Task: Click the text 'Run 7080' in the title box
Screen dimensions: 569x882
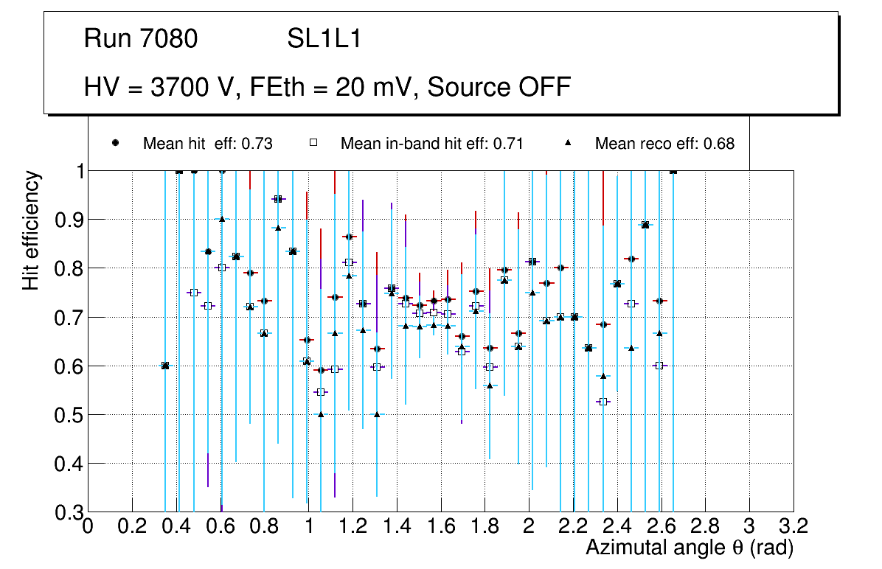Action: click(141, 39)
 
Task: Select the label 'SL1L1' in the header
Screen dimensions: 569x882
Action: click(324, 39)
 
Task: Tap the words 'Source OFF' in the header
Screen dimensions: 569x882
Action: click(499, 87)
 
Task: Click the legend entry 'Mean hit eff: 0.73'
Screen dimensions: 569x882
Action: click(207, 144)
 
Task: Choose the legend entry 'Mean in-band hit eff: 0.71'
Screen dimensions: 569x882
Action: click(431, 144)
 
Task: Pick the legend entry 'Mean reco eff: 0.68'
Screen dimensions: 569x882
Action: click(664, 144)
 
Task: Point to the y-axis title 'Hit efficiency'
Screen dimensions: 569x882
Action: click(32, 231)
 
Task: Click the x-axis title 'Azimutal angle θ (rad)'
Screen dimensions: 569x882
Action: click(690, 548)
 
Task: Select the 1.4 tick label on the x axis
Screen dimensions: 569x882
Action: click(397, 527)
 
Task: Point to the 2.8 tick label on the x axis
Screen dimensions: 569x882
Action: click(705, 527)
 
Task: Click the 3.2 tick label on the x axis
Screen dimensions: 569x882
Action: click(793, 527)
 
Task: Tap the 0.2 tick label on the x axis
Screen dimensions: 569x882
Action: click(132, 527)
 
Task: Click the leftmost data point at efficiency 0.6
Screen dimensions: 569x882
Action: click(165, 366)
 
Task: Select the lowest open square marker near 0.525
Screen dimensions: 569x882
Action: click(603, 402)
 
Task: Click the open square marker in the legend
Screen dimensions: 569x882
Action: click(313, 143)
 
